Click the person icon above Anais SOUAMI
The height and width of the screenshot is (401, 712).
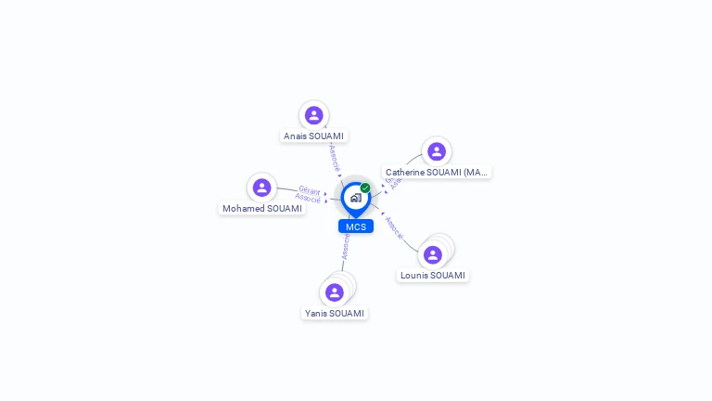(313, 115)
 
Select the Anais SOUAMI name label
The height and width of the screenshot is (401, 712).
(313, 136)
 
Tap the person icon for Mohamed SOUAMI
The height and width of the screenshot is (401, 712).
(262, 188)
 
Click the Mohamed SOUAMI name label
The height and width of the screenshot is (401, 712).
(262, 208)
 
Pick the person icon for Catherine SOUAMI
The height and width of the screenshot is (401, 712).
(437, 151)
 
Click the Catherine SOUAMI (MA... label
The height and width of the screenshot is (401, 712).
(437, 172)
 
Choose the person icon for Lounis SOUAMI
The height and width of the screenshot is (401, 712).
(433, 254)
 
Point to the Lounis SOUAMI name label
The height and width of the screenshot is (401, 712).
(433, 275)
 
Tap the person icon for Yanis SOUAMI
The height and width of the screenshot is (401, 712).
(335, 292)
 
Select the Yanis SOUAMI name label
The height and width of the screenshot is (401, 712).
(335, 313)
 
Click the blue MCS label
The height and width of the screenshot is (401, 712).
(356, 226)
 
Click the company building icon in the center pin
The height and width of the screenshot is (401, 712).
(355, 198)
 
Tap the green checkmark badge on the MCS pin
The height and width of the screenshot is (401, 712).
(365, 188)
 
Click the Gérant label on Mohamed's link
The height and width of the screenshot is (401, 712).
(310, 190)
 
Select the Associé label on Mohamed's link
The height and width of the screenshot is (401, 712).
(308, 198)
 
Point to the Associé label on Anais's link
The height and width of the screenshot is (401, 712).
(335, 156)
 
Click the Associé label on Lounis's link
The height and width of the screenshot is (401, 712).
(394, 227)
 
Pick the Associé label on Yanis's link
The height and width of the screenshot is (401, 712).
(345, 247)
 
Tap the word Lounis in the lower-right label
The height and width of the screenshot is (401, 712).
(416, 275)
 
